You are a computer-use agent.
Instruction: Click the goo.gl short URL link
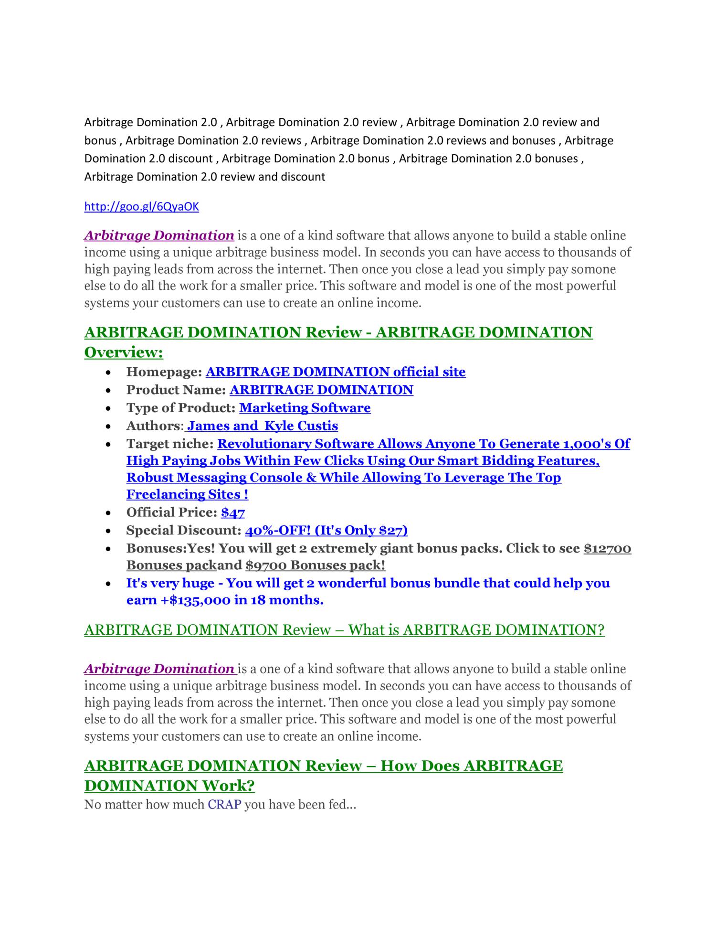(x=141, y=206)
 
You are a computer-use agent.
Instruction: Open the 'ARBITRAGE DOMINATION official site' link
(x=335, y=372)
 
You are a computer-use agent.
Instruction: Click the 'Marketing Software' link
(x=305, y=407)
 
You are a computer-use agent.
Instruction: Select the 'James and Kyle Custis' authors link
(x=262, y=426)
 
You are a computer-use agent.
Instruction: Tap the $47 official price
(x=232, y=512)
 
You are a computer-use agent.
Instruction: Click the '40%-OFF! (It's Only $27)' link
(x=326, y=530)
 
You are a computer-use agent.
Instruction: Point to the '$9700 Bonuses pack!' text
(x=315, y=565)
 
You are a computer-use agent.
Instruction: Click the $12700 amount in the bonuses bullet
(x=607, y=548)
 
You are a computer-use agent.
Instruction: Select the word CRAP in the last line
(x=224, y=805)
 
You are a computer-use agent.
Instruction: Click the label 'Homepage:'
(x=164, y=372)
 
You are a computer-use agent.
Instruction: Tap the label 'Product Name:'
(x=176, y=390)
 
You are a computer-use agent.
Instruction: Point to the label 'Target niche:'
(x=169, y=444)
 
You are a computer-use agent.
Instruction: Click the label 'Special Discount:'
(x=184, y=530)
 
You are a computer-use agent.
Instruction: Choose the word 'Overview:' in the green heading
(x=124, y=352)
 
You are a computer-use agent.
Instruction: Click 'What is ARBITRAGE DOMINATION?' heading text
(x=476, y=630)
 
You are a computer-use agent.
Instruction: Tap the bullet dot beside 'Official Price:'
(x=109, y=513)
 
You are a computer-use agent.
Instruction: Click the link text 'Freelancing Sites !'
(x=187, y=494)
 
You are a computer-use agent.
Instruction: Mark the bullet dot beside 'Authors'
(x=109, y=426)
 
